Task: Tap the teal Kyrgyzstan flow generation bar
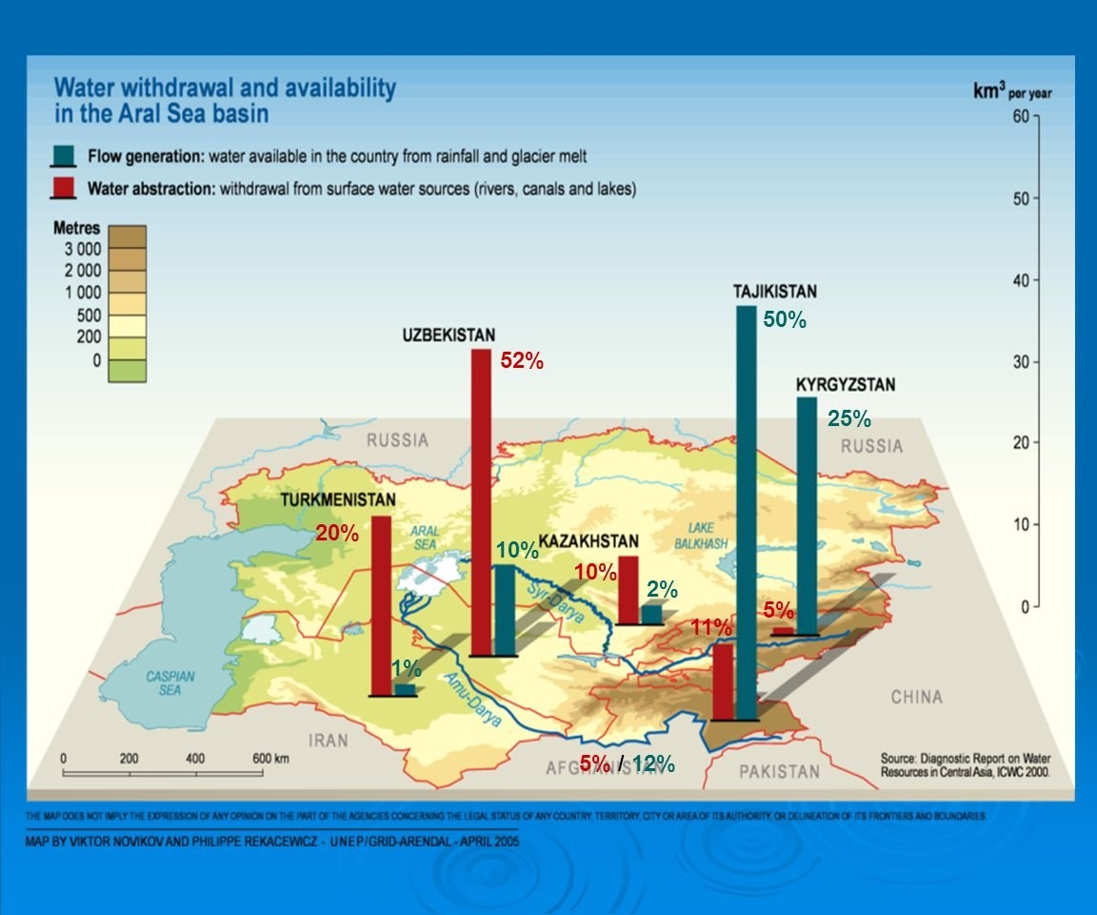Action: tap(807, 516)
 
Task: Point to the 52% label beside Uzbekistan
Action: tap(522, 361)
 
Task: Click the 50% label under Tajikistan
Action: tap(785, 321)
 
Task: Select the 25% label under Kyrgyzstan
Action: tap(849, 418)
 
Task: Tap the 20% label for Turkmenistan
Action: tap(337, 534)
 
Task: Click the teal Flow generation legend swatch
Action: tap(64, 155)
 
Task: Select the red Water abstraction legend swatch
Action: tap(64, 188)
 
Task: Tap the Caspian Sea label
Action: tap(170, 682)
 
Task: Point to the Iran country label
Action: tap(329, 741)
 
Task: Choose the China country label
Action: tap(916, 698)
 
